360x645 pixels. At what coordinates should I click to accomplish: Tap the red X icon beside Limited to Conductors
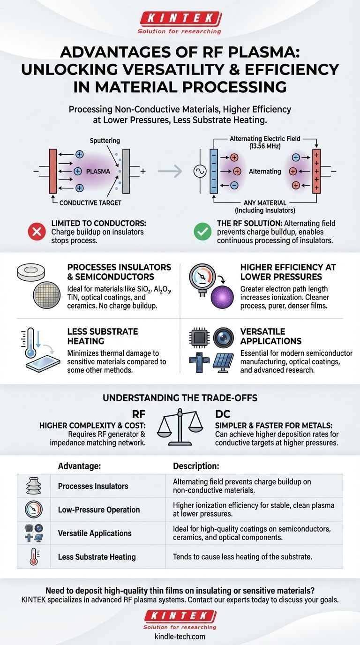[37, 231]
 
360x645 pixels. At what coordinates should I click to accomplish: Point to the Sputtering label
[104, 140]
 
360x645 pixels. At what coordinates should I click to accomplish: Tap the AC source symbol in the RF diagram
[200, 171]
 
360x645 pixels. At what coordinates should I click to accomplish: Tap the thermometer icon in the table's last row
[34, 557]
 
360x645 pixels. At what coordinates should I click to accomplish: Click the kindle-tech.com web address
[180, 636]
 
